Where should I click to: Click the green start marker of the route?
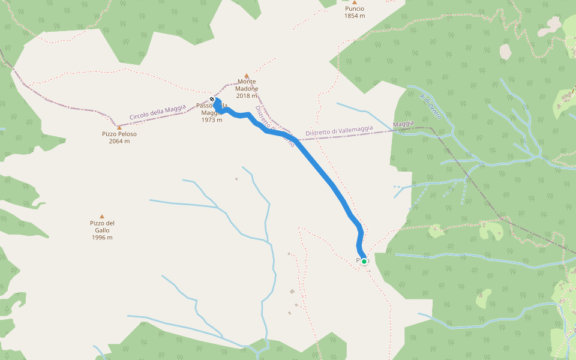pyautogui.click(x=364, y=262)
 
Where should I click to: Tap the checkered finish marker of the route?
pyautogui.click(x=212, y=100)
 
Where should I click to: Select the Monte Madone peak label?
pyautogui.click(x=247, y=85)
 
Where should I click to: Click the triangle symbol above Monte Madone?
pyautogui.click(x=247, y=76)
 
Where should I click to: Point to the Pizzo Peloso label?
pyautogui.click(x=119, y=134)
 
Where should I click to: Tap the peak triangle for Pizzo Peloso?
pyautogui.click(x=119, y=127)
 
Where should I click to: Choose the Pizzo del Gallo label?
pyautogui.click(x=103, y=227)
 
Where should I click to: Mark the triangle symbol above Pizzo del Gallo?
pyautogui.click(x=102, y=217)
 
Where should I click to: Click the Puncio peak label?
pyautogui.click(x=354, y=9)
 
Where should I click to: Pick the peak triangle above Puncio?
pyautogui.click(x=355, y=2)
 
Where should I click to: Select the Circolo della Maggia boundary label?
pyautogui.click(x=157, y=112)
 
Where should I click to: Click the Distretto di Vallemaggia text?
pyautogui.click(x=339, y=130)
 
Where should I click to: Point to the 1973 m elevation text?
pyautogui.click(x=212, y=120)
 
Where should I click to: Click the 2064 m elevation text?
pyautogui.click(x=119, y=142)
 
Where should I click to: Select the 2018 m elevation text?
pyautogui.click(x=247, y=96)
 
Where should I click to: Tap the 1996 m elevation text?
pyautogui.click(x=103, y=238)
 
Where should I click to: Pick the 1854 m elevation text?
pyautogui.click(x=354, y=16)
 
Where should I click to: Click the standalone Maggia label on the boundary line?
pyautogui.click(x=403, y=124)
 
